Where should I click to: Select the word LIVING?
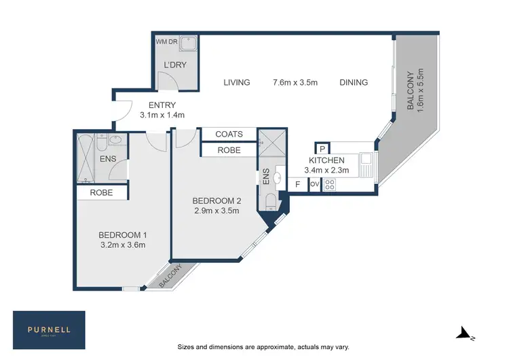(x=237, y=82)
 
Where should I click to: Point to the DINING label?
(x=354, y=82)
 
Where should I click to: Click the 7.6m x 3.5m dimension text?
(x=295, y=82)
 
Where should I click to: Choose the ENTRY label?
(x=162, y=105)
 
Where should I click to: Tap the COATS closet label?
(x=229, y=134)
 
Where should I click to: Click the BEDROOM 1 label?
(x=122, y=235)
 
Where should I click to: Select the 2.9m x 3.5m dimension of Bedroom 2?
(x=216, y=211)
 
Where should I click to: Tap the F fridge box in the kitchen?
(x=297, y=184)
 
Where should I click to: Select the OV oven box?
(x=314, y=184)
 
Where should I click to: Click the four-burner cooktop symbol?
(x=331, y=184)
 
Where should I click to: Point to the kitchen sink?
(x=366, y=163)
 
